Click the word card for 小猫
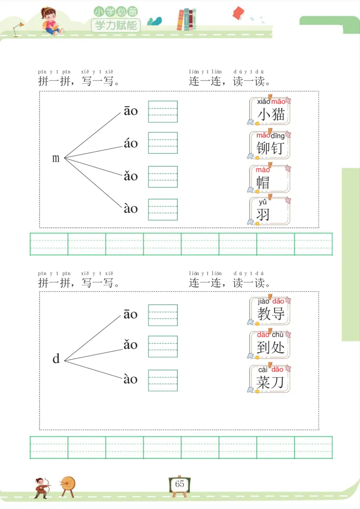pos(270,111)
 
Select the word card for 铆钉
pos(270,144)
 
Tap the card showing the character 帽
pos(269,179)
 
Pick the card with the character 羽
pos(269,211)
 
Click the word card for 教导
pos(270,311)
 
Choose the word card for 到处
pos(270,344)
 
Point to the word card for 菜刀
pos(270,379)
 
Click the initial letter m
pos(56,158)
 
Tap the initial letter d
pos(56,359)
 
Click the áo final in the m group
pos(131,143)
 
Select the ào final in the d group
pos(130,379)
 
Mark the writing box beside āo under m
pos(163,112)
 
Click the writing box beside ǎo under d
pos(163,346)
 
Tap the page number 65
pos(180,484)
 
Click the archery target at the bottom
pos(68,485)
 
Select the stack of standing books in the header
pos(187,20)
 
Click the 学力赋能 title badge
pos(116,24)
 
